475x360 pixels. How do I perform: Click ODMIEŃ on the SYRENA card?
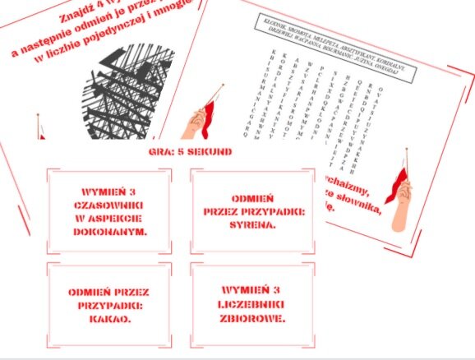point(245,198)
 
